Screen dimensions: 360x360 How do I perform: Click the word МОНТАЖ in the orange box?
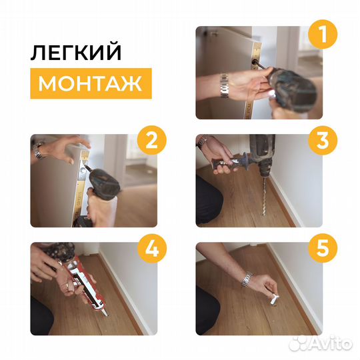[x=90, y=84]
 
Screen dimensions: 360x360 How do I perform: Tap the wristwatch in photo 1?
[x=225, y=86]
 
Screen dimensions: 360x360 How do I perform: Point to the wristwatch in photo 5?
[x=246, y=279]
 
